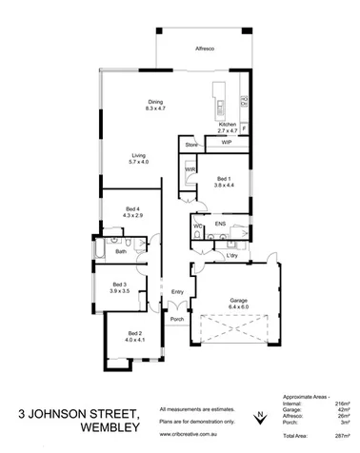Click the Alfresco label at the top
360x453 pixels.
click(204, 47)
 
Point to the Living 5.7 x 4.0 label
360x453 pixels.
click(139, 159)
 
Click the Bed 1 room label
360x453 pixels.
click(223, 182)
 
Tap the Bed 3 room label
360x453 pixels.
click(119, 286)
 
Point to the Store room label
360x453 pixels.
click(190, 145)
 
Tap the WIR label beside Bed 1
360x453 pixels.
click(190, 169)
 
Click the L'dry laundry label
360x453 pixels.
click(230, 256)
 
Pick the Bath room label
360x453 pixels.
click(121, 251)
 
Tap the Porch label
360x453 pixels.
click(177, 319)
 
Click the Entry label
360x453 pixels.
click(177, 291)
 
